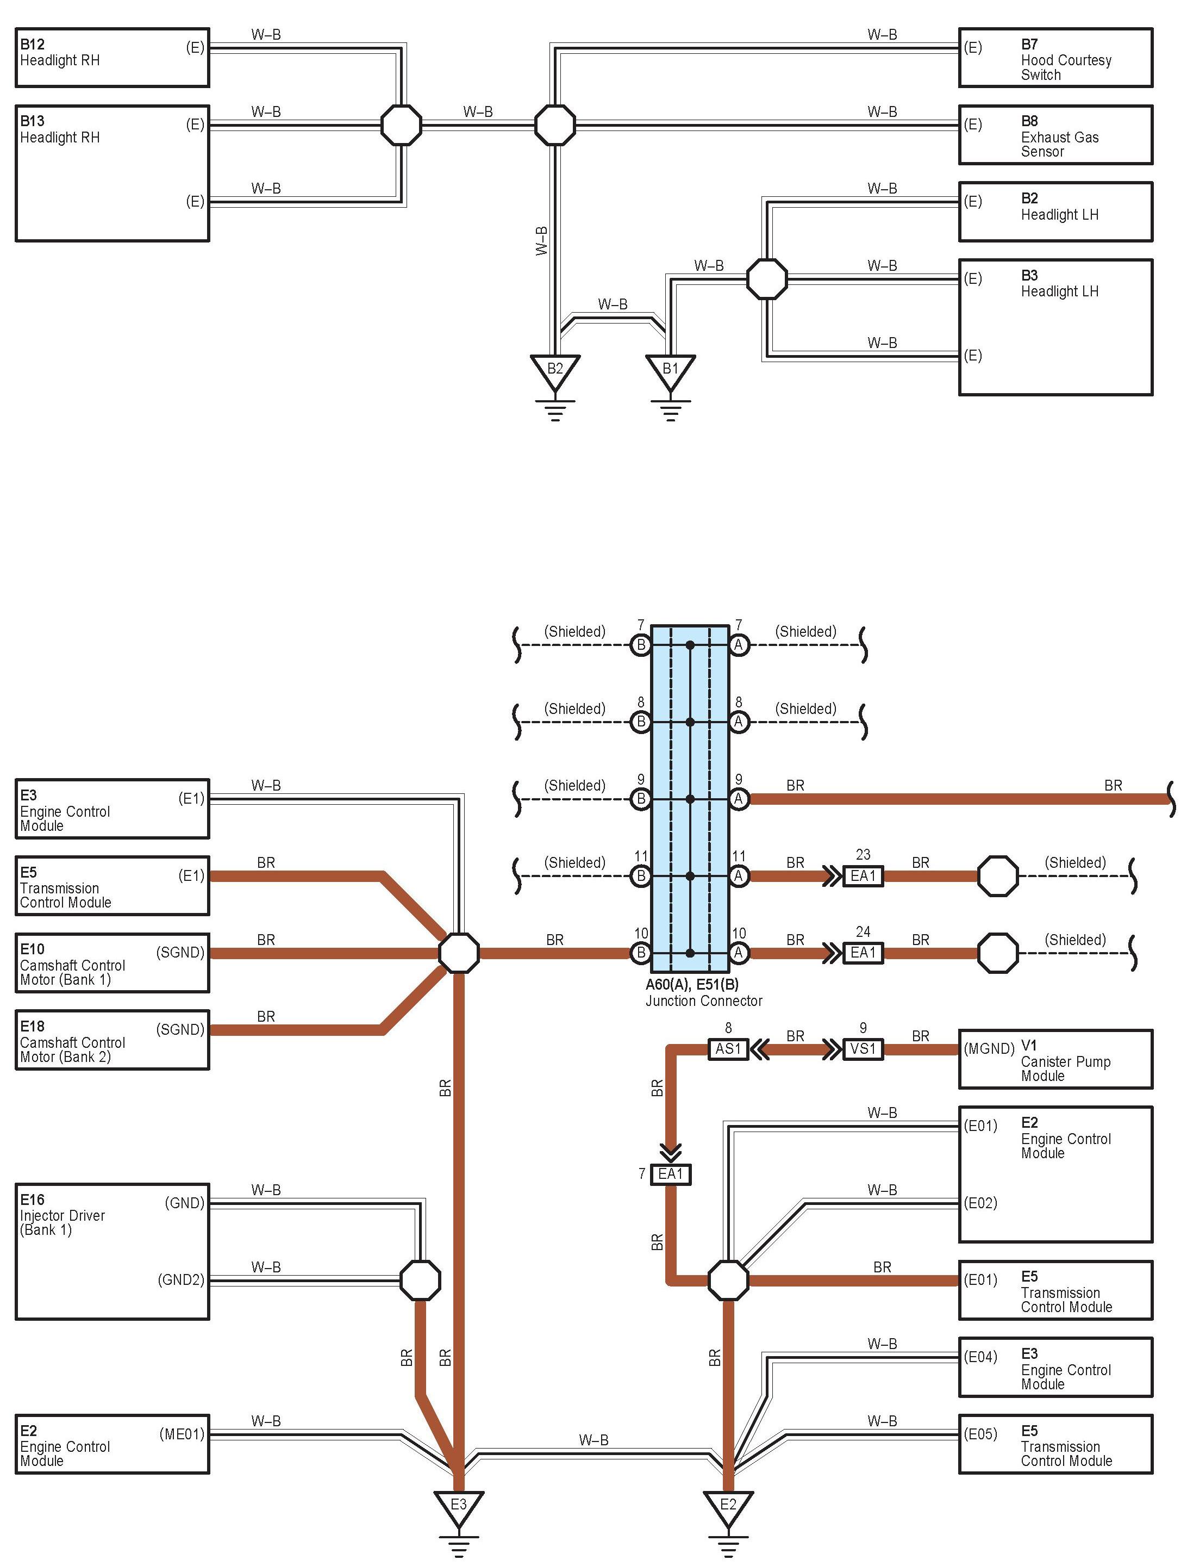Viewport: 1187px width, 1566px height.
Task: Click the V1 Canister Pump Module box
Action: pyautogui.click(x=1055, y=1059)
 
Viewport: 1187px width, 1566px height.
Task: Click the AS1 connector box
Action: pyautogui.click(x=728, y=1048)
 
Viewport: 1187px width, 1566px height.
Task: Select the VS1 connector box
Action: pyautogui.click(x=863, y=1048)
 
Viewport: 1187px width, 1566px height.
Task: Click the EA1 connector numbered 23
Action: pyautogui.click(x=863, y=876)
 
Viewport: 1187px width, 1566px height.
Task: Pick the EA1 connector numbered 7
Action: pyautogui.click(x=670, y=1174)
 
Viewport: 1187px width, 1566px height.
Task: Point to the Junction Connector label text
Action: pyautogui.click(x=704, y=1001)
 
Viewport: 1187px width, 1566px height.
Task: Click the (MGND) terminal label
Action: pyautogui.click(x=989, y=1048)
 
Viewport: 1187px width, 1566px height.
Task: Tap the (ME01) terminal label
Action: pyautogui.click(x=182, y=1434)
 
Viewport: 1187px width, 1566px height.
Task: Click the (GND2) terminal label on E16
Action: pyautogui.click(x=181, y=1280)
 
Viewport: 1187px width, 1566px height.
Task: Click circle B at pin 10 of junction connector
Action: pyautogui.click(x=641, y=953)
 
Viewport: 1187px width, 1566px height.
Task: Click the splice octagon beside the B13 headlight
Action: pyautogui.click(x=401, y=125)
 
